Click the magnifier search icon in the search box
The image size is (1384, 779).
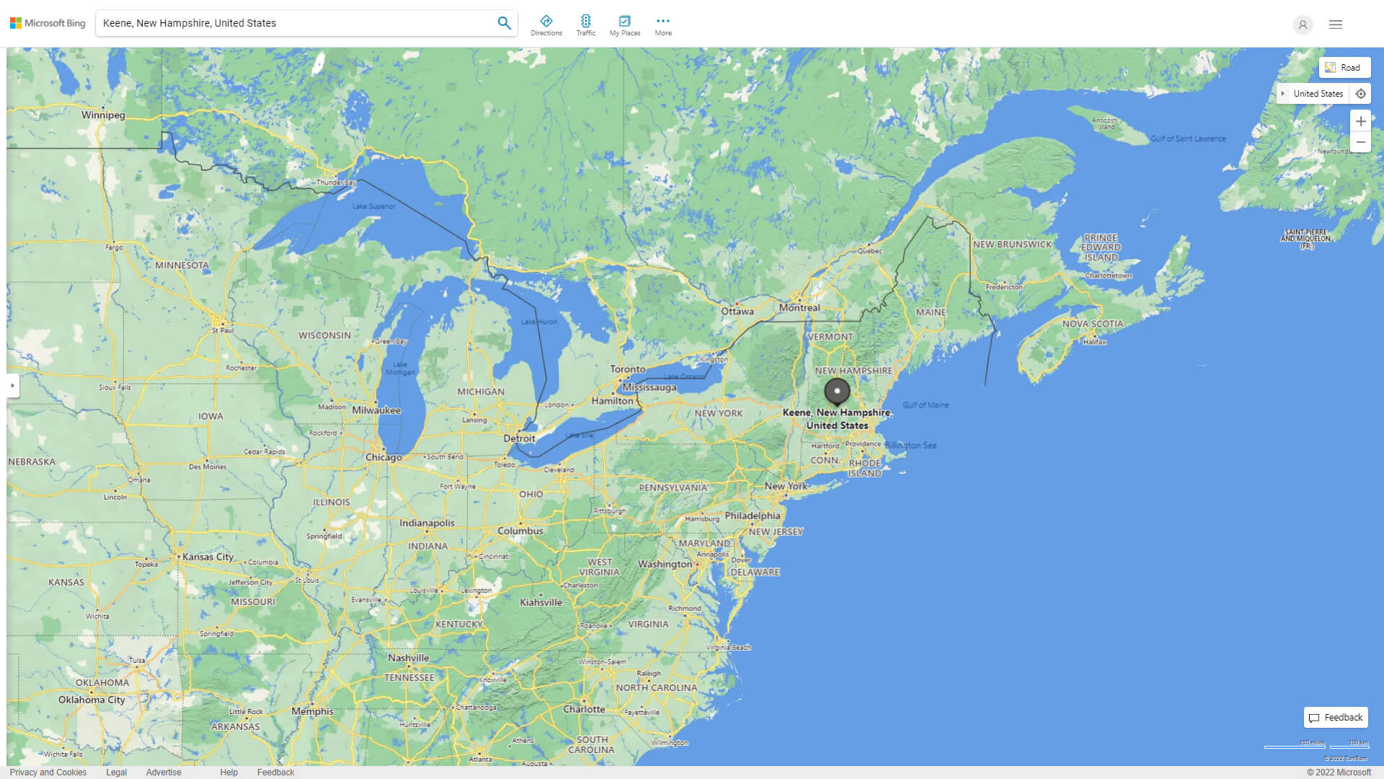(504, 23)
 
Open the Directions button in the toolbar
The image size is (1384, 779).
(546, 25)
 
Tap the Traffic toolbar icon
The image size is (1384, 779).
(585, 25)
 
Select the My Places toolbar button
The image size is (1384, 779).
(624, 25)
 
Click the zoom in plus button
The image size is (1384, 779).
(1360, 121)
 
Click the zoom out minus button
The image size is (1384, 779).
(1360, 142)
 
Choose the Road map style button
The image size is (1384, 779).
(1344, 68)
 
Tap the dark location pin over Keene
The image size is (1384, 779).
(837, 391)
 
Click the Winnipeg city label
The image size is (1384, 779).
(103, 115)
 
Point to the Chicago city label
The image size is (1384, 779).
(383, 457)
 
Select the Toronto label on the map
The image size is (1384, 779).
(628, 369)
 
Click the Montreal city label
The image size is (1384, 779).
(799, 308)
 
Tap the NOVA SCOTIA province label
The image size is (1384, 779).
(1092, 324)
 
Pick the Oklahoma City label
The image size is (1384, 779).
(92, 700)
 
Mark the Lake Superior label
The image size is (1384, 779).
(373, 206)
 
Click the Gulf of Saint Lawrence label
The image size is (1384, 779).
(1188, 138)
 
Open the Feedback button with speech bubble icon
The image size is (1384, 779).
(1336, 718)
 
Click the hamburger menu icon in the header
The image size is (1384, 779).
(1336, 25)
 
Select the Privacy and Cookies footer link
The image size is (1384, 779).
(48, 773)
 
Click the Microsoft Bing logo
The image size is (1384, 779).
(48, 23)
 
